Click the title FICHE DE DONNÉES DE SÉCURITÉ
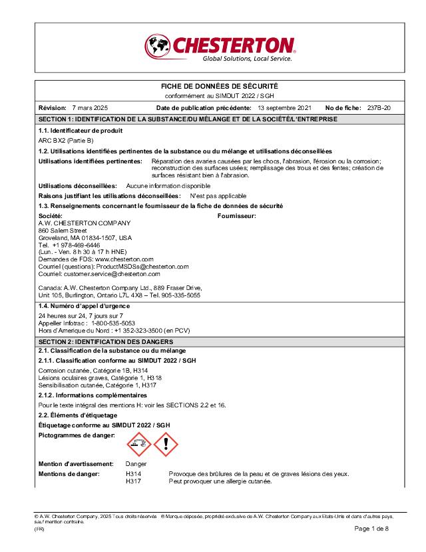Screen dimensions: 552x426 220,87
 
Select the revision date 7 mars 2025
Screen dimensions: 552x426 90,107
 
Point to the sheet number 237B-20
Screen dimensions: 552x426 379,107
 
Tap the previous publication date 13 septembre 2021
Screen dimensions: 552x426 284,107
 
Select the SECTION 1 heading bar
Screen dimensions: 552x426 220,119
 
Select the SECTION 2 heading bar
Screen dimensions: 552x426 220,341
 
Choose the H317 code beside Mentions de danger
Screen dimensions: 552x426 132,481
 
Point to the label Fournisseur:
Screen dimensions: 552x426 237,216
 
